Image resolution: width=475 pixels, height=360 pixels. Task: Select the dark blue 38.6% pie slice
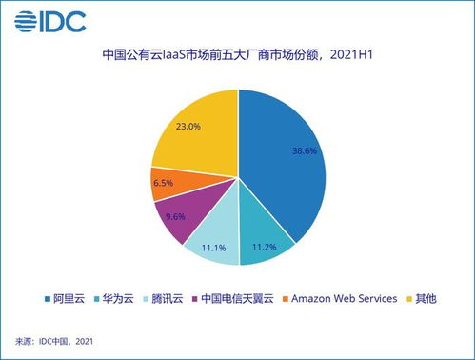[x=286, y=162]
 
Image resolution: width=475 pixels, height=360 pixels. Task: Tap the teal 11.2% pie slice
[x=263, y=238]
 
